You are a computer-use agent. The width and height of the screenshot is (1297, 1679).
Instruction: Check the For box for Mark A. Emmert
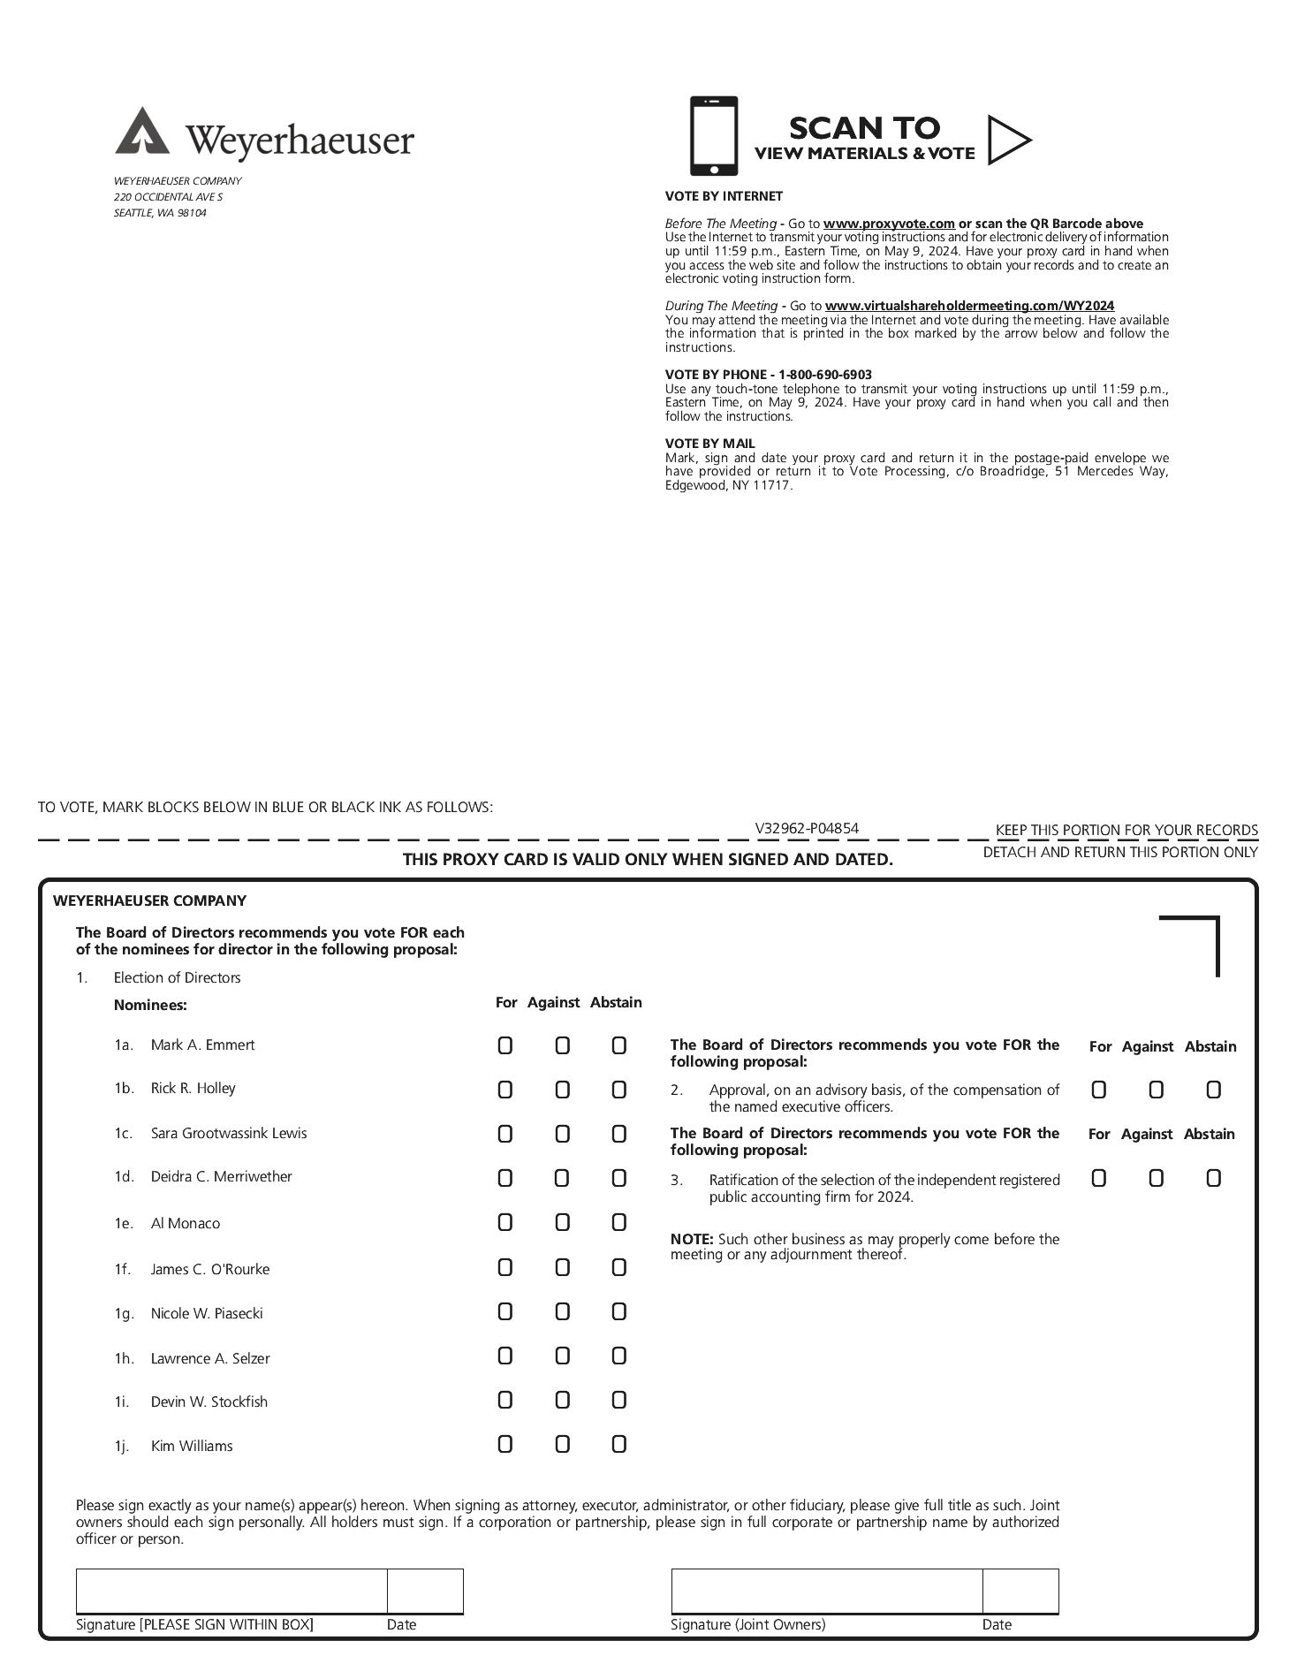tap(504, 1045)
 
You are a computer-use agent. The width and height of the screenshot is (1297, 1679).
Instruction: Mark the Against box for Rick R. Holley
tap(562, 1090)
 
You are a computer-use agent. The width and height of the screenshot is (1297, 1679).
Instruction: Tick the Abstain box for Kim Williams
tap(618, 1444)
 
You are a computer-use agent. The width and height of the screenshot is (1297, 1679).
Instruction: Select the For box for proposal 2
tap(1098, 1090)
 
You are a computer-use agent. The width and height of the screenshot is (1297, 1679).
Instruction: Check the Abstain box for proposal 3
tap(1213, 1178)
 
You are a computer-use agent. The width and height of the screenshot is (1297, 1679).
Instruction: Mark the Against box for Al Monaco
tap(562, 1222)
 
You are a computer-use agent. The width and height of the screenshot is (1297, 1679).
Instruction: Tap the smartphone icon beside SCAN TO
tap(713, 136)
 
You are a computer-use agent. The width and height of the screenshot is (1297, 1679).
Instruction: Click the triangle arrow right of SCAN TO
tap(1008, 140)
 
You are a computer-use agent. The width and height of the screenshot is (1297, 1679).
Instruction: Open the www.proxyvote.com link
tap(889, 224)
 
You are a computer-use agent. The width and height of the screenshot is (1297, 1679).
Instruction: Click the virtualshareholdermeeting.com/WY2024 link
tap(969, 306)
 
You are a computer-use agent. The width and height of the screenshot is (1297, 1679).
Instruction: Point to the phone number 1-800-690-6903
tap(825, 375)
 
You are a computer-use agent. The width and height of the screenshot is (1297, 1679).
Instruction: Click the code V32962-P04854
tap(807, 828)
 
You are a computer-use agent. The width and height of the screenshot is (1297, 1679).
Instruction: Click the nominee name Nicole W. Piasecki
tap(207, 1313)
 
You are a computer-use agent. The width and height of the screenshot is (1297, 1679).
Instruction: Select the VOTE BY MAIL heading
tap(710, 444)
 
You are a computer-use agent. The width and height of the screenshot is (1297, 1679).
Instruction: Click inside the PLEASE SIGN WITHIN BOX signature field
tap(231, 1592)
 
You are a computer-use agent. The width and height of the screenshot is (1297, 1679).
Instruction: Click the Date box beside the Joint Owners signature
tap(1020, 1592)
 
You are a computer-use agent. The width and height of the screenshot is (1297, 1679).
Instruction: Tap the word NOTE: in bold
tap(693, 1239)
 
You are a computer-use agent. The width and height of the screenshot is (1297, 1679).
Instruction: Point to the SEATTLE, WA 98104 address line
tap(160, 213)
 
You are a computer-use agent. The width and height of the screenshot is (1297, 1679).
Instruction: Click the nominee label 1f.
tap(123, 1269)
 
